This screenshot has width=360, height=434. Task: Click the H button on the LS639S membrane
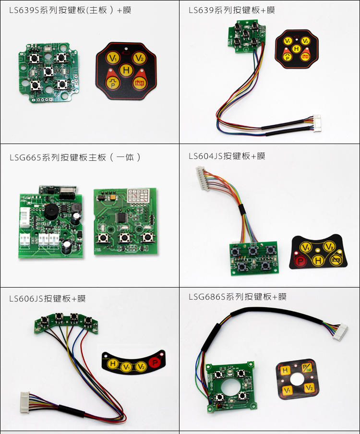click(126, 71)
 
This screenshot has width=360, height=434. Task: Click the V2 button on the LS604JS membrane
click(328, 247)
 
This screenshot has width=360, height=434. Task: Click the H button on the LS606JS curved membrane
click(113, 364)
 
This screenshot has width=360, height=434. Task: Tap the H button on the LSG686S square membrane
click(285, 371)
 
